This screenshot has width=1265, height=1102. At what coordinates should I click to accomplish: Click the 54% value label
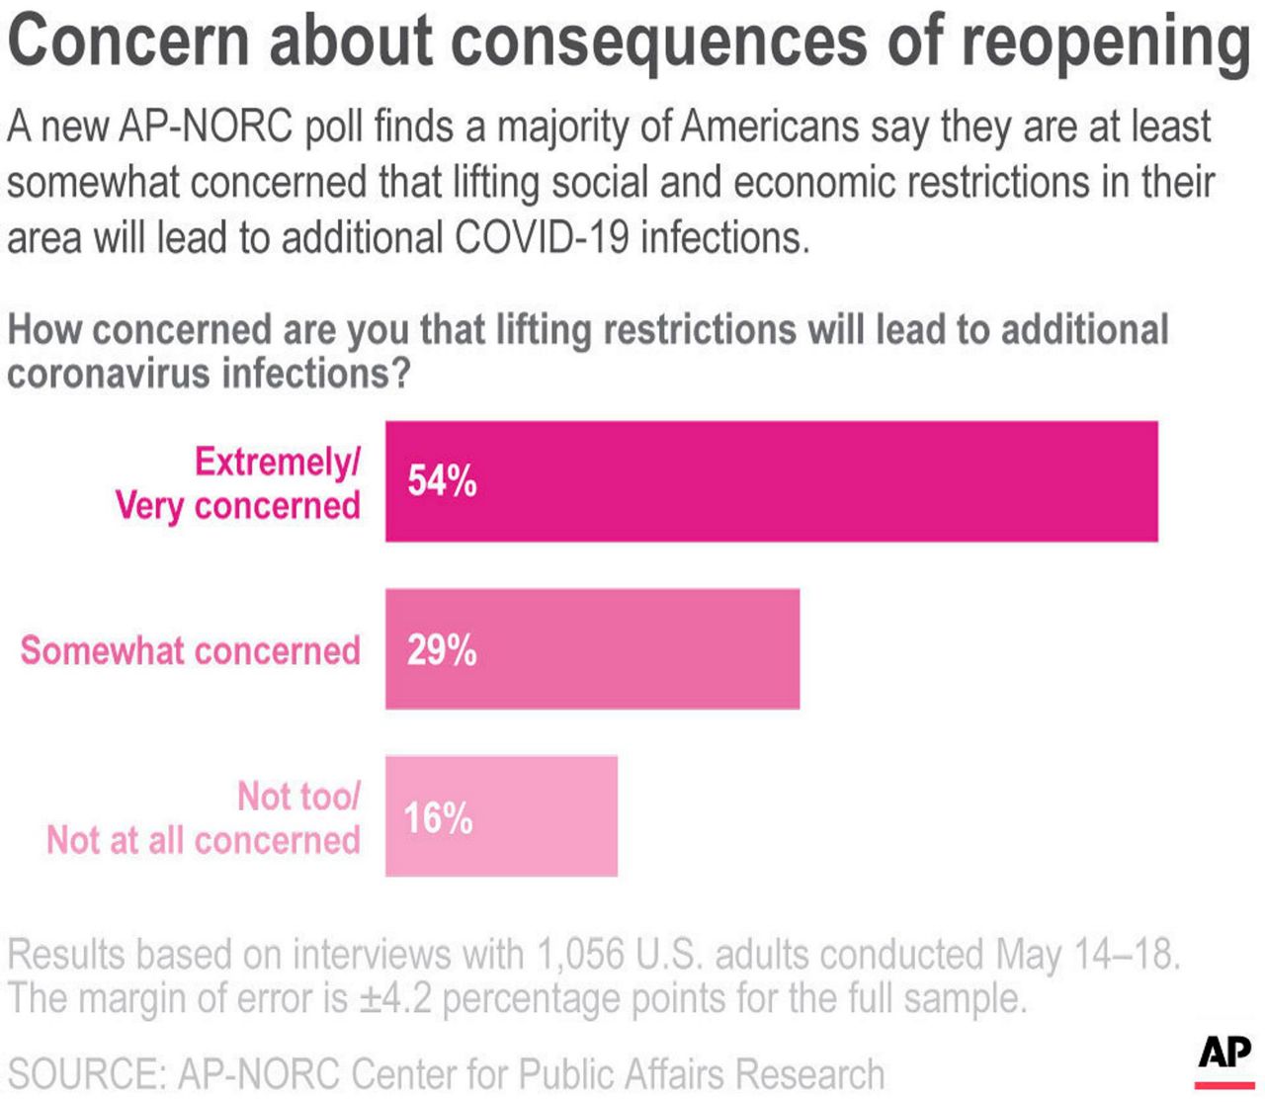point(442,481)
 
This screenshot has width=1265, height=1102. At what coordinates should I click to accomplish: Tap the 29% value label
point(442,651)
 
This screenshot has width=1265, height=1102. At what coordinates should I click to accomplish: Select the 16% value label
point(439,818)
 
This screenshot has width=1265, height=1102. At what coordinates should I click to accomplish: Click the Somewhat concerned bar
point(632,649)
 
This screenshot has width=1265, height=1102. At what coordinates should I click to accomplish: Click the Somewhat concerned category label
point(191,651)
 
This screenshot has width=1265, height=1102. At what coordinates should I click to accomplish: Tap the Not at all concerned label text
point(204,840)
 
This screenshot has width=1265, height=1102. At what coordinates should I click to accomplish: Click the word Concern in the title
point(128,42)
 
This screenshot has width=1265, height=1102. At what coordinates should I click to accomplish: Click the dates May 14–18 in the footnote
point(1086,955)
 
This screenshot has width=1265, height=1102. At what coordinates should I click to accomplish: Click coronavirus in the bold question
point(109,374)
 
